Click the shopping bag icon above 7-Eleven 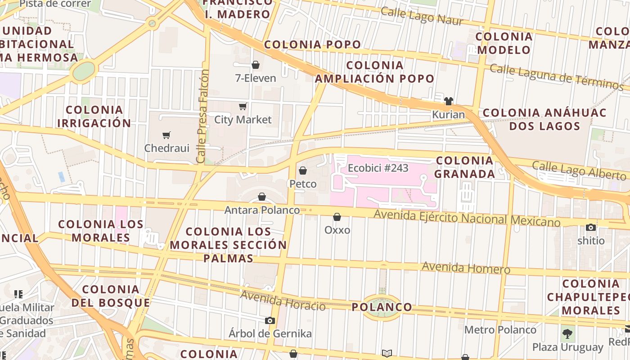256,65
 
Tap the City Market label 243,120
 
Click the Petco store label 303,184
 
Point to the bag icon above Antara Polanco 262,197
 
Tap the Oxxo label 337,230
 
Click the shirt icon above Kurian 448,101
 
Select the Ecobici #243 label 378,168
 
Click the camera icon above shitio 591,227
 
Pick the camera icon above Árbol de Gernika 270,320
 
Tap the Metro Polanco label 500,330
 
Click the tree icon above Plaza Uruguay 567,334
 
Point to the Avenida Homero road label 466,268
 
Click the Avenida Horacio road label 283,301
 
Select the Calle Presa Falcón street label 203,116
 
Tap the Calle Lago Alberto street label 579,171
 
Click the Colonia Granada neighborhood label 465,167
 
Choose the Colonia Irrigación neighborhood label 94,117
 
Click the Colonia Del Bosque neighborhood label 111,296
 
